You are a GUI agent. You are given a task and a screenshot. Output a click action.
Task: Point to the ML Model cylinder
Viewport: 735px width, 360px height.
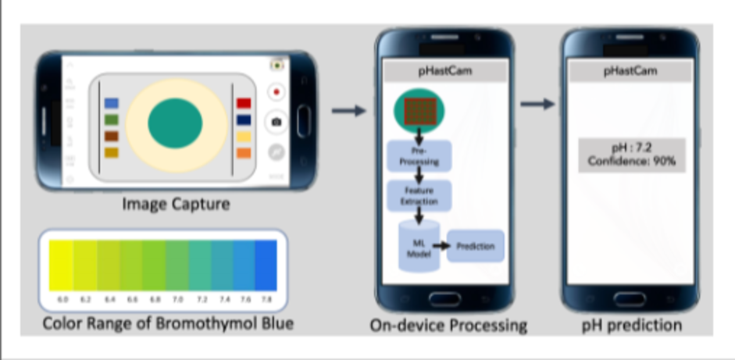(x=418, y=246)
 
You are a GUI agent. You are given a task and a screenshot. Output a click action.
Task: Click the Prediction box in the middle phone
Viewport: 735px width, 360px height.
(x=476, y=247)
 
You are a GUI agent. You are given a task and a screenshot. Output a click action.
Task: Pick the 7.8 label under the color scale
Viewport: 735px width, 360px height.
(x=266, y=298)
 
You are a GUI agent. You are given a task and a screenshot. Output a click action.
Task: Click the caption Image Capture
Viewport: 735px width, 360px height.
(x=175, y=205)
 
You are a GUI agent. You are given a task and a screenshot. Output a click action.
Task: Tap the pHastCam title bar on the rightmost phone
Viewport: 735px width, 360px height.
(x=630, y=71)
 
